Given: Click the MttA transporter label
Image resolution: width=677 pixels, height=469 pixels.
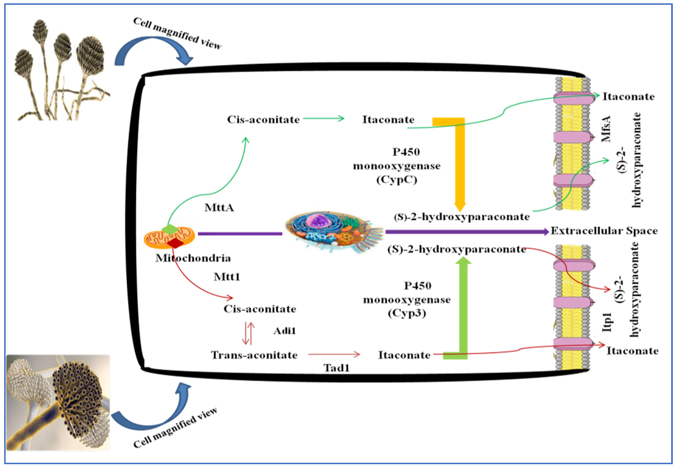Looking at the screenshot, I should pos(219,208).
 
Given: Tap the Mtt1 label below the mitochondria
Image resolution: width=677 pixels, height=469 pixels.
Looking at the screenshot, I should pos(227,277).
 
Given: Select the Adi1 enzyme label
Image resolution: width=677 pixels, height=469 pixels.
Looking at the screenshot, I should pos(284,331).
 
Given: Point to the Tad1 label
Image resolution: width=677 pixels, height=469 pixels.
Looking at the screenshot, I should pos(337,368).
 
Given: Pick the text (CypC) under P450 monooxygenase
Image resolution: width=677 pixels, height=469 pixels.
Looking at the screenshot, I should pos(397,180).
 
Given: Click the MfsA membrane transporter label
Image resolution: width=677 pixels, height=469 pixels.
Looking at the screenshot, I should pos(606,129).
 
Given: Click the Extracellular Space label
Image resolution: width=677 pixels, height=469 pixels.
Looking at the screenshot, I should pos(604,231).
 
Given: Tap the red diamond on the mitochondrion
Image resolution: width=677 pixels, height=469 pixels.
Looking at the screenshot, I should pos(175,243).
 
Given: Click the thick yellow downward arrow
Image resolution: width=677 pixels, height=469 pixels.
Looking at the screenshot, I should pos(460,165).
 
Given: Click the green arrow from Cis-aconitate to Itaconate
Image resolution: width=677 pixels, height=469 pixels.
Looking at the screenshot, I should pos(324,119).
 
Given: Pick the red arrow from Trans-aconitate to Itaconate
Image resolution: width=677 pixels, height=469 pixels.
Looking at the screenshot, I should pos(334,354).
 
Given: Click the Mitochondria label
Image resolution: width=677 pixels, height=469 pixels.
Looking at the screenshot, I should pos(193,258).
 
